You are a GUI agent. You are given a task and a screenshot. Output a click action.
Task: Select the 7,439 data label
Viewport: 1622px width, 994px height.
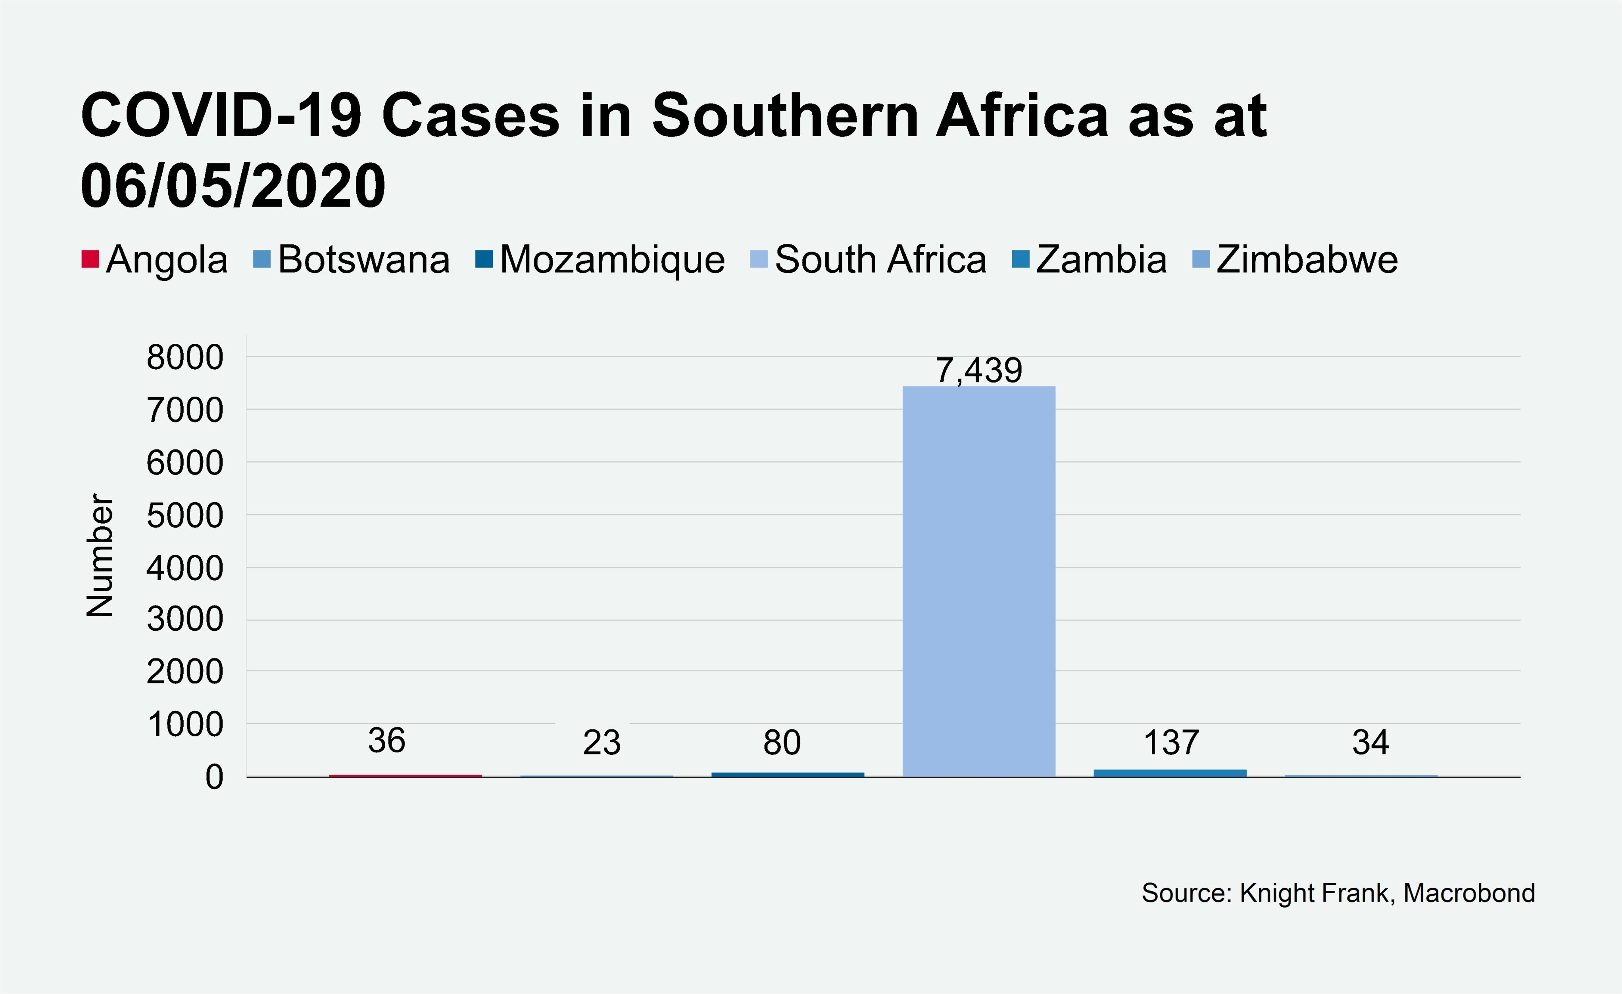point(979,370)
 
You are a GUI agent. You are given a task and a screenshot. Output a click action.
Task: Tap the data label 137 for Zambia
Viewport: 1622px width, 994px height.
point(1170,743)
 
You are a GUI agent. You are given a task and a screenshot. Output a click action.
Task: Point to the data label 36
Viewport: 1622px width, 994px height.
point(386,741)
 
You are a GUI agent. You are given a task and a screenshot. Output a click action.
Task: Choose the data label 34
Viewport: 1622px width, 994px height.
point(1370,743)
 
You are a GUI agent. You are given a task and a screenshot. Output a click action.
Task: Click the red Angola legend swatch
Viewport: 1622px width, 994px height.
point(90,259)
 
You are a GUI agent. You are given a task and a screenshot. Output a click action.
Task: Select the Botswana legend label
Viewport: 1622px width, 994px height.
point(363,259)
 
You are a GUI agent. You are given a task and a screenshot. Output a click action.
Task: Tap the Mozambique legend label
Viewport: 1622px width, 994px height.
point(612,259)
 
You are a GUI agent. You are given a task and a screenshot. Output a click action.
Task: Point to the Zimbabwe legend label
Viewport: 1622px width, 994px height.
point(1307,259)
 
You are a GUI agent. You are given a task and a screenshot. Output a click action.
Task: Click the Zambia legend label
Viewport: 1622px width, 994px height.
point(1101,259)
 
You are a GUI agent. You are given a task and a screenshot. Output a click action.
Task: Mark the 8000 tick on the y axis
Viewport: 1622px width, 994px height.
point(185,358)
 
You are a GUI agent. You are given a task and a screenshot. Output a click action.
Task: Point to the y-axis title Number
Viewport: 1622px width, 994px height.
point(100,555)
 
